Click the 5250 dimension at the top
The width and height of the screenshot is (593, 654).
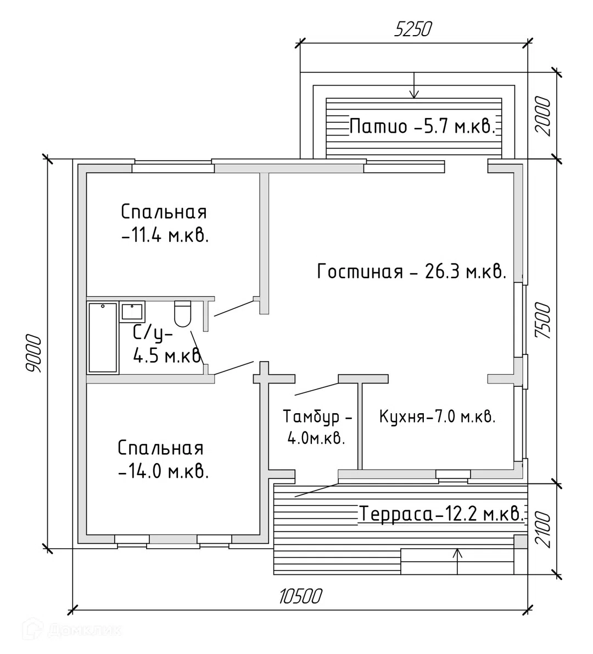coord(413,30)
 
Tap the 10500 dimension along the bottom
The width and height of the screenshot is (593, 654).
coord(300,596)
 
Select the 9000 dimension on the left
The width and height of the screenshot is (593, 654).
coord(34,353)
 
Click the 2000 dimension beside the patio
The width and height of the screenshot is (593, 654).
coord(543,116)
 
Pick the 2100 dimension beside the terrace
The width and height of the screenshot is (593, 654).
coord(543,529)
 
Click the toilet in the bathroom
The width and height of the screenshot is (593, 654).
coord(182,314)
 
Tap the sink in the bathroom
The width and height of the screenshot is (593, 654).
coord(132,312)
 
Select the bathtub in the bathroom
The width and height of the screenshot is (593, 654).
coord(103,337)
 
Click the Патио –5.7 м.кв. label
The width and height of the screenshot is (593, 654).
coord(422,126)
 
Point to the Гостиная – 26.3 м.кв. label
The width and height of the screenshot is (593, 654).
coord(412,272)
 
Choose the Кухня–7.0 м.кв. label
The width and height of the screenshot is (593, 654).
coord(438,416)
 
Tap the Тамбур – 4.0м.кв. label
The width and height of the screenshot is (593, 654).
coord(317,427)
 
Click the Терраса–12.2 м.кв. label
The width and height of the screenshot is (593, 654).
coord(441,514)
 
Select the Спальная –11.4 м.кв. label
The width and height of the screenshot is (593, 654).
coord(165,224)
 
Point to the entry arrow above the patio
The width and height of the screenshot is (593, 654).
coord(413,86)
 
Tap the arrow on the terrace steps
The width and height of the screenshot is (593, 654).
coord(458,561)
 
